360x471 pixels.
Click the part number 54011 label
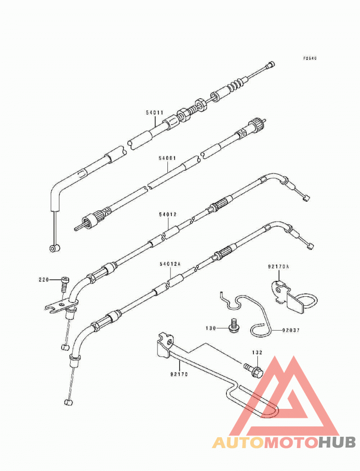pyautogui.click(x=155, y=113)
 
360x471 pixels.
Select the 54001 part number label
pyautogui.click(x=167, y=158)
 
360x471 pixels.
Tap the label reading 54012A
pyautogui.click(x=170, y=264)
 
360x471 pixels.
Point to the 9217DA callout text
pyautogui.click(x=279, y=267)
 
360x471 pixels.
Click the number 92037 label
pyautogui.click(x=291, y=330)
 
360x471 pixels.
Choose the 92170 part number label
pyautogui.click(x=179, y=374)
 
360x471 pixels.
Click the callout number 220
pyautogui.click(x=44, y=280)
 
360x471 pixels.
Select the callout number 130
pyautogui.click(x=211, y=328)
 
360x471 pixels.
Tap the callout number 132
pyautogui.click(x=257, y=352)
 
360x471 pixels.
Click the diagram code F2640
pyautogui.click(x=310, y=58)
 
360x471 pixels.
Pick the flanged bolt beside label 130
pyautogui.click(x=234, y=326)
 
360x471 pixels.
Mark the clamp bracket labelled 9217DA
pyautogui.click(x=293, y=297)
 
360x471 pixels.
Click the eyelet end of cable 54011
pyautogui.click(x=54, y=248)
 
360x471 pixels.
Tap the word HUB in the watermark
pyautogui.click(x=337, y=443)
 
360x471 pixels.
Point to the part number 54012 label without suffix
pyautogui.click(x=168, y=214)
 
